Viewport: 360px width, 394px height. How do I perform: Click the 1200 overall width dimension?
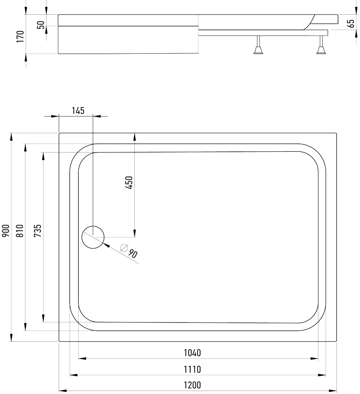[x=192, y=385]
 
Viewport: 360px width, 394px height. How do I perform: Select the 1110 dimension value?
[x=192, y=369]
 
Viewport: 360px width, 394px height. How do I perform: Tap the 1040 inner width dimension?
[x=192, y=353]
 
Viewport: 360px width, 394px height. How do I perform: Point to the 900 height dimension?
[x=6, y=230]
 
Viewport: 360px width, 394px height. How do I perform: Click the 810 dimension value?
[x=20, y=230]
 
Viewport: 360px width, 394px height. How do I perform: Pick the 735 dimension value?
[x=38, y=230]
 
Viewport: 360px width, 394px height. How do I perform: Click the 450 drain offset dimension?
[x=129, y=183]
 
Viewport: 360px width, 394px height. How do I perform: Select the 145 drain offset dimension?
[x=78, y=111]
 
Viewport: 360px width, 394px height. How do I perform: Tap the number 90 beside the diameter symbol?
[x=132, y=254]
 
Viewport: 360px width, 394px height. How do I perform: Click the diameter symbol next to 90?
[x=124, y=248]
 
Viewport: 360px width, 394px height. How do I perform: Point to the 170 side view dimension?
[x=20, y=36]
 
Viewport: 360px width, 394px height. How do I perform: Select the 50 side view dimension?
[x=41, y=25]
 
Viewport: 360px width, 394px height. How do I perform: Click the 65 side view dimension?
[x=351, y=23]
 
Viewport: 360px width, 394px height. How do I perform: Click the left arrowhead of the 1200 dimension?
[x=63, y=391]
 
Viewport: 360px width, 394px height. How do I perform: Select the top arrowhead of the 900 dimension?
[x=11, y=137]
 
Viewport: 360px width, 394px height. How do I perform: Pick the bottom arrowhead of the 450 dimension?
[x=135, y=233]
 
